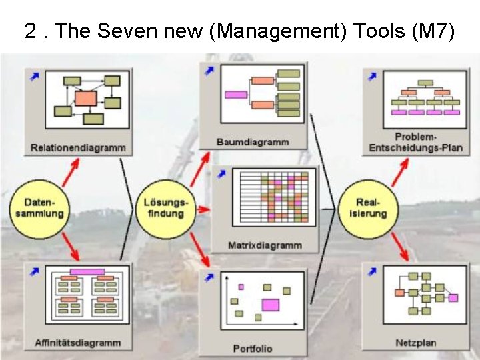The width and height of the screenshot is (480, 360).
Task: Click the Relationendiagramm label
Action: click(77, 147)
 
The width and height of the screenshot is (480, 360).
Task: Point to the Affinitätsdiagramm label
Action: click(77, 343)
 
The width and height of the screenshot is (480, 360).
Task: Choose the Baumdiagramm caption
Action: click(253, 141)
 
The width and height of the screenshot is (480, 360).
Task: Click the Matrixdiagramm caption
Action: click(265, 245)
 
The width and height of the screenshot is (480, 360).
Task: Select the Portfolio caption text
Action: click(253, 348)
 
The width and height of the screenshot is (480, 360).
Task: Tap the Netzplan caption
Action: click(415, 343)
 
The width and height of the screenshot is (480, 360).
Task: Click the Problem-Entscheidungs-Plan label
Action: click(416, 142)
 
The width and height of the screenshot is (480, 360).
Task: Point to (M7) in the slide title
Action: click(434, 31)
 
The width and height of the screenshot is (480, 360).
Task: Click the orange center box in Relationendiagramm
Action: click(86, 99)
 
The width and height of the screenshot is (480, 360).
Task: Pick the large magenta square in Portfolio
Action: click(270, 305)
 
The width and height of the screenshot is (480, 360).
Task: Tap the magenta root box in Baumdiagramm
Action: click(236, 94)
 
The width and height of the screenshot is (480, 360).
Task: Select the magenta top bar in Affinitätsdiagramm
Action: click(87, 272)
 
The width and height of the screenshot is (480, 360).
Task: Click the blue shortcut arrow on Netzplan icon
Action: click(372, 271)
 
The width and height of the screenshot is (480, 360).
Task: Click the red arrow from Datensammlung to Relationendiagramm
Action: click(70, 171)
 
